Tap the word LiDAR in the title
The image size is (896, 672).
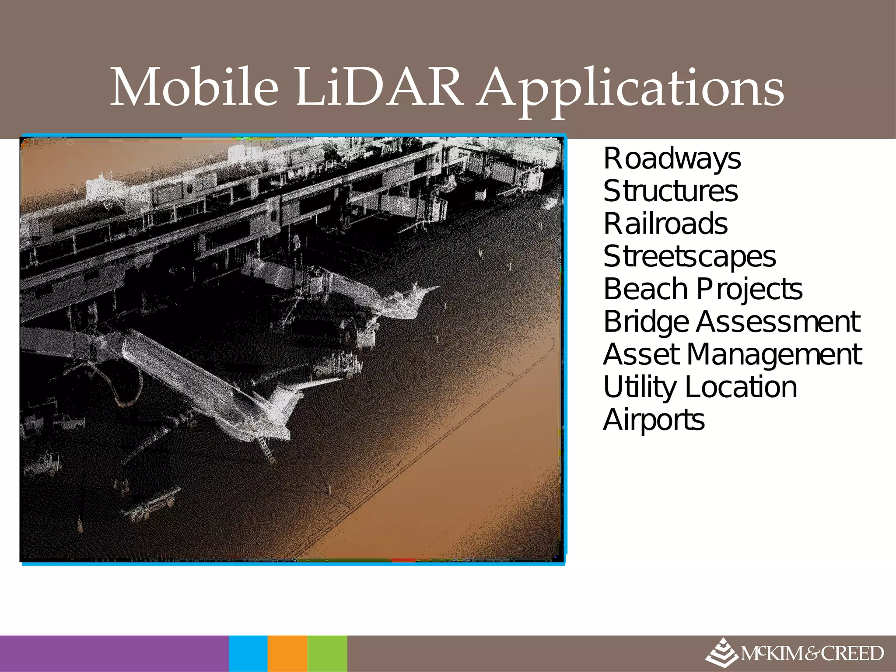click(379, 87)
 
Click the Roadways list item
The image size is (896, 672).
click(672, 158)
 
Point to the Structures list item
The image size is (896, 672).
click(670, 191)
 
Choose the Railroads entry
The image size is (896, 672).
click(665, 224)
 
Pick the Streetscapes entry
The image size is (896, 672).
click(689, 256)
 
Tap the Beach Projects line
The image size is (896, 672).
click(703, 289)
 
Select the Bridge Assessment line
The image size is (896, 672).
click(731, 322)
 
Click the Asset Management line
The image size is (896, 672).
click(732, 354)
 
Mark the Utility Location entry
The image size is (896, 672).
click(700, 387)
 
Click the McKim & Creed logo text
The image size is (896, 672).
click(812, 654)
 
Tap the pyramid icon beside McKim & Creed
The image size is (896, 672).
click(721, 654)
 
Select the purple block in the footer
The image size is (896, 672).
click(114, 654)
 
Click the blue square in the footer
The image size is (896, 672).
click(248, 654)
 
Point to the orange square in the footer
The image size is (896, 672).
click(287, 654)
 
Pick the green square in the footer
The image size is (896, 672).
click(327, 654)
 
